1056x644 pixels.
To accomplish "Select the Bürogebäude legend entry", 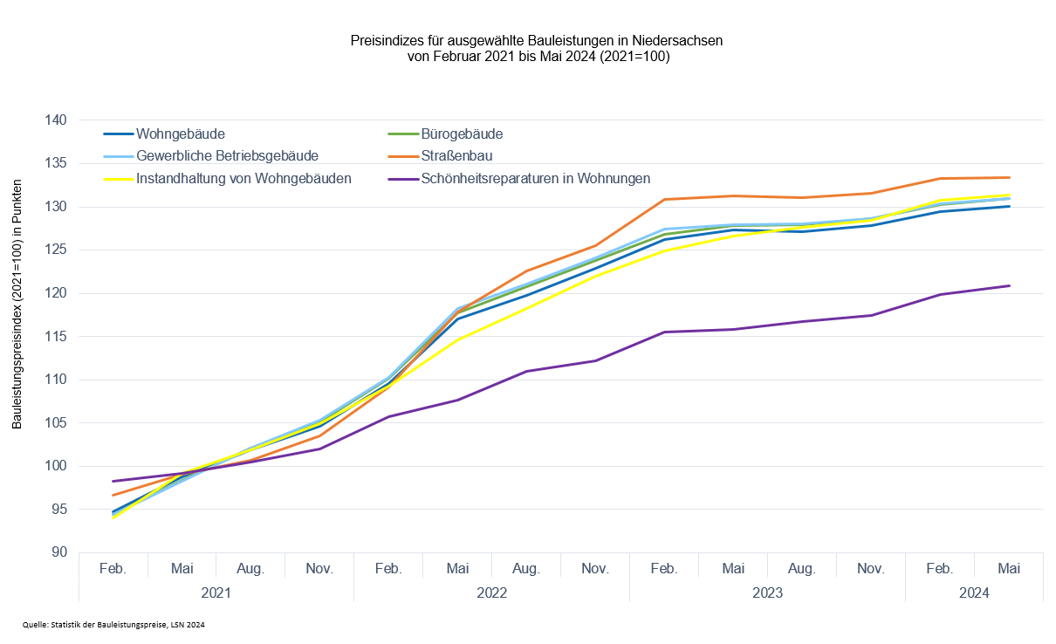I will tap(462, 134).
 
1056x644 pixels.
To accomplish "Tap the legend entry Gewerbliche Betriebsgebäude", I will tap(227, 156).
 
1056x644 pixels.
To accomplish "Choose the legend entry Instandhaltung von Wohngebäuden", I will tap(243, 178).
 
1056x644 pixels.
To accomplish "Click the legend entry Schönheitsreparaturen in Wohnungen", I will tap(535, 178).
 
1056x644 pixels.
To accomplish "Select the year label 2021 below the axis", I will tap(216, 592).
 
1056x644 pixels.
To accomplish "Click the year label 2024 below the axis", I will tap(974, 592).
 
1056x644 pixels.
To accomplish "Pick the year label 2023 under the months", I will tap(767, 592).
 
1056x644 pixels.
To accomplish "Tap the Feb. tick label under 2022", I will tap(388, 569).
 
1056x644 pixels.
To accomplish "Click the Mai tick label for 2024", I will tap(1009, 569).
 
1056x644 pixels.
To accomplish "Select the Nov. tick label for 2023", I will tap(871, 569).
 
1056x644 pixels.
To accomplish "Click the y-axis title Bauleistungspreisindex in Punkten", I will tap(17, 305).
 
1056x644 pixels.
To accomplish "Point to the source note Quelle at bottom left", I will tap(113, 625).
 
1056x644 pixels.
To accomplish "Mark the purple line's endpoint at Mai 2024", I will tap(1009, 285).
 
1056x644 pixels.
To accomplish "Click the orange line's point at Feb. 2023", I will tap(664, 199).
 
